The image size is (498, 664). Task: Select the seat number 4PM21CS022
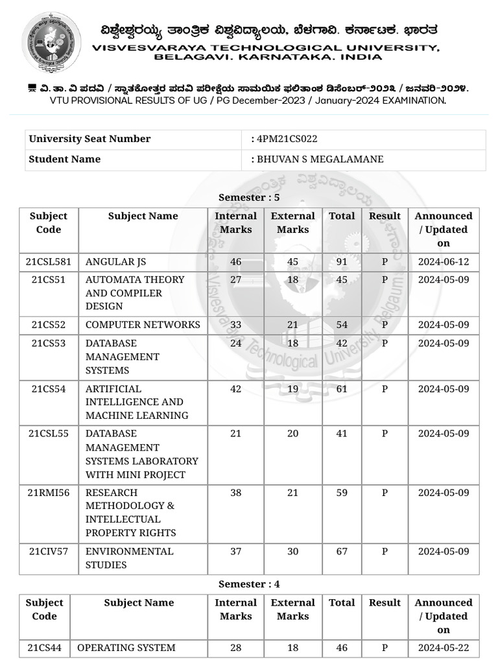(287, 139)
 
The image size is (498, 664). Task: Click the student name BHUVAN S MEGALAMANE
(320, 159)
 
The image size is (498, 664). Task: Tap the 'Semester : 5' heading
(249, 197)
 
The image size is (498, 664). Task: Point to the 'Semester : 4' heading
(249, 584)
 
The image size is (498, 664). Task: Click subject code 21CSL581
(49, 261)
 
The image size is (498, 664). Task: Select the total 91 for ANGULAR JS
(342, 261)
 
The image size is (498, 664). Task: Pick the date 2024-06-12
(444, 261)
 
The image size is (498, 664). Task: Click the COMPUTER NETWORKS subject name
(143, 325)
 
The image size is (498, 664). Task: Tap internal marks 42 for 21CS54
(235, 389)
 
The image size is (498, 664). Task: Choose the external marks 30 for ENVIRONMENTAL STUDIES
(293, 551)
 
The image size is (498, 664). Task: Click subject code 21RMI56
(49, 493)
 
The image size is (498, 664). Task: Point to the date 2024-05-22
(444, 647)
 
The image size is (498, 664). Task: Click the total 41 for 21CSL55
(342, 434)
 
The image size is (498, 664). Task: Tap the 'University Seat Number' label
(89, 139)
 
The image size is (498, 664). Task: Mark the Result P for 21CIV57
(385, 551)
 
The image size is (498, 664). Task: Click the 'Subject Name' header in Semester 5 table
(143, 216)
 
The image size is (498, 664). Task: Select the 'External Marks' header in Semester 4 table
(293, 609)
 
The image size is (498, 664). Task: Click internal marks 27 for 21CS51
(235, 279)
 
